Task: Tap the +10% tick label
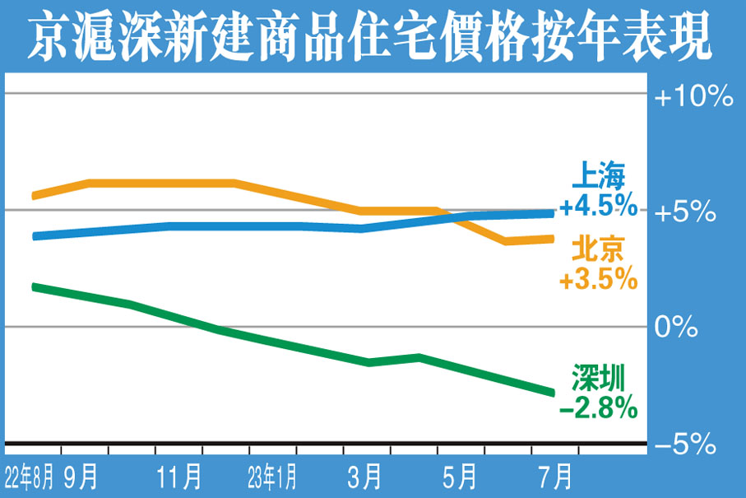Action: tap(693, 97)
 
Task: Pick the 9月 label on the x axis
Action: tap(81, 476)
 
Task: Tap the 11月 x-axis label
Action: tap(179, 476)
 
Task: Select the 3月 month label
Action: tap(365, 476)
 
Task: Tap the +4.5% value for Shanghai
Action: tap(598, 205)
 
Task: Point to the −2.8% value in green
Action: tap(598, 406)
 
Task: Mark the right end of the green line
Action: tap(552, 391)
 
